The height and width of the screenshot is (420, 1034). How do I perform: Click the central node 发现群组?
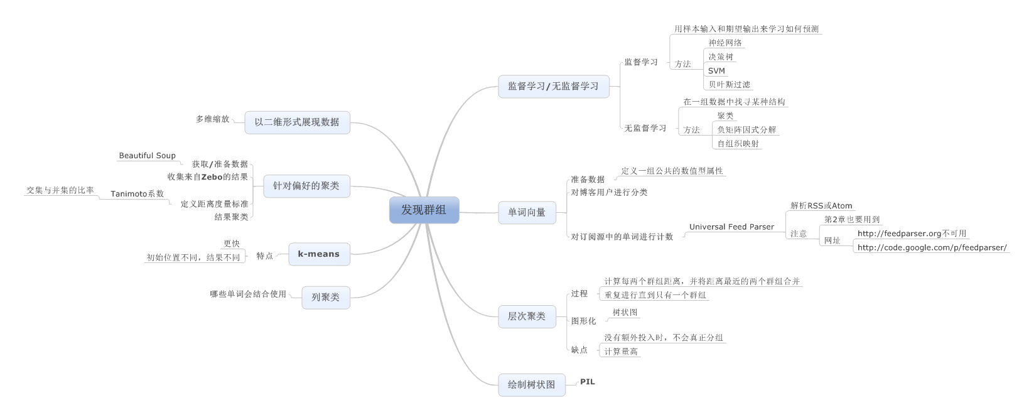[424, 210]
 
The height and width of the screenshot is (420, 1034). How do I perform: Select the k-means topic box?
[319, 254]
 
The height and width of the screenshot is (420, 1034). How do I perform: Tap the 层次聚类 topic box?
[527, 316]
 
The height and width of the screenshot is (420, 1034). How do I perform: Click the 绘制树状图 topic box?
[531, 384]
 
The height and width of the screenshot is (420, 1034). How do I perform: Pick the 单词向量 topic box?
[527, 213]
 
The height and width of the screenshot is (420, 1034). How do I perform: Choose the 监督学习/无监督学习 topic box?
[553, 87]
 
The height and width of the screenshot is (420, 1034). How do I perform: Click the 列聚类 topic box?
[325, 298]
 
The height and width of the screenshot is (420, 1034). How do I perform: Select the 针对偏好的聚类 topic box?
[306, 186]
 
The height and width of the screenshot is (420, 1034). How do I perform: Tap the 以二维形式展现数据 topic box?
[296, 122]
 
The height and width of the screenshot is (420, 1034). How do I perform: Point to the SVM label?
[716, 71]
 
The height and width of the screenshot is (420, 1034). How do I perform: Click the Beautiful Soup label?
[148, 156]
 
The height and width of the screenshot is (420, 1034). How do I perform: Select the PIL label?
[587, 382]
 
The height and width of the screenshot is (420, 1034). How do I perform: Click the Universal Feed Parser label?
[731, 227]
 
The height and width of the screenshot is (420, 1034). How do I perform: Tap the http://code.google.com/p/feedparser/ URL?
[932, 248]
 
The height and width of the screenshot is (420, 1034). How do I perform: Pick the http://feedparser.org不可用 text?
[912, 234]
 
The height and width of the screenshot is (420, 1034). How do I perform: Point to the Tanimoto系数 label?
[137, 194]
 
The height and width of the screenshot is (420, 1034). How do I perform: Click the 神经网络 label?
[725, 43]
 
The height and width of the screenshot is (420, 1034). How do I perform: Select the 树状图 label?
[625, 313]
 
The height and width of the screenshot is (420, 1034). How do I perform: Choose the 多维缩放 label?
[212, 119]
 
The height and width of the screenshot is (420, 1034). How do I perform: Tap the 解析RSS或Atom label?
[821, 206]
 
